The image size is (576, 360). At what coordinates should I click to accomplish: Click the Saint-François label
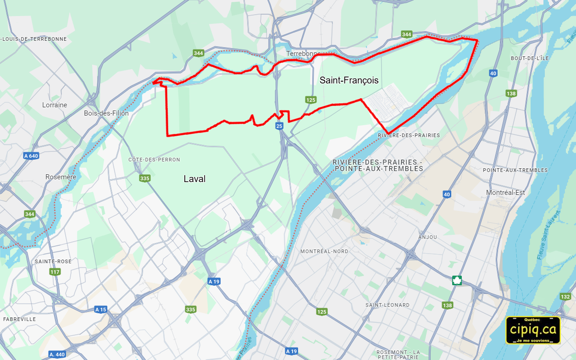pyautogui.click(x=349, y=80)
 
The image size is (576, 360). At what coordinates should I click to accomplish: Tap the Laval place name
pyautogui.click(x=194, y=179)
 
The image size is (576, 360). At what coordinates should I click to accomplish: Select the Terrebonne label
pyautogui.click(x=303, y=54)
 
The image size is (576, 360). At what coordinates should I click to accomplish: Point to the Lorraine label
pyautogui.click(x=55, y=105)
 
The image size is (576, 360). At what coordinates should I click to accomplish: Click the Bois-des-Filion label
pyautogui.click(x=106, y=113)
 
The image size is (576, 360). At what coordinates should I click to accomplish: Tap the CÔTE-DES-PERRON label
pyautogui.click(x=154, y=160)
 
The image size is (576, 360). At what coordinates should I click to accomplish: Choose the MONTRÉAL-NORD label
pyautogui.click(x=324, y=251)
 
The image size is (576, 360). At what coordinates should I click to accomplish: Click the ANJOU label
pyautogui.click(x=427, y=237)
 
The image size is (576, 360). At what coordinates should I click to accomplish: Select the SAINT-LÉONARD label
pyautogui.click(x=388, y=305)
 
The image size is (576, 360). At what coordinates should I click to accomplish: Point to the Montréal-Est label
pyautogui.click(x=505, y=193)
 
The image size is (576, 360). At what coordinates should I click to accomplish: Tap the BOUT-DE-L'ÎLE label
pyautogui.click(x=530, y=58)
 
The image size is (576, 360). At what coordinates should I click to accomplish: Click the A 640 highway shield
pyautogui.click(x=31, y=156)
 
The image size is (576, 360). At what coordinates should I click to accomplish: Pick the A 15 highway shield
pyautogui.click(x=101, y=310)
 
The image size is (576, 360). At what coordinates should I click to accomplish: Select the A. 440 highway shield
pyautogui.click(x=57, y=354)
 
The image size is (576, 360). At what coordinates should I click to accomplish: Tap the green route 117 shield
pyautogui.click(x=55, y=272)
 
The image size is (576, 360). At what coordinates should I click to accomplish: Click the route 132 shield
pyautogui.click(x=565, y=297)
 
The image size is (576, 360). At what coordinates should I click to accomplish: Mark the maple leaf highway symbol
pyautogui.click(x=457, y=281)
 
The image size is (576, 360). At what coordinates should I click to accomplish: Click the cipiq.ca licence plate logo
pyautogui.click(x=533, y=330)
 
